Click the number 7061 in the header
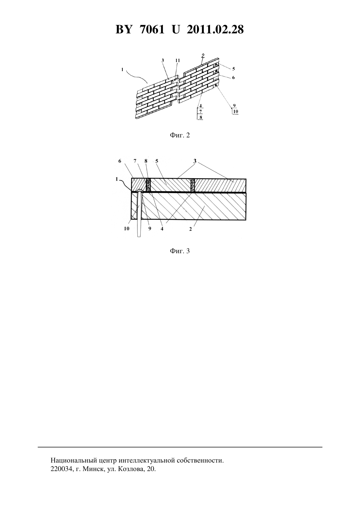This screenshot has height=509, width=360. (152, 29)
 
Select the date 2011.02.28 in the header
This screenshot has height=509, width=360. (215, 29)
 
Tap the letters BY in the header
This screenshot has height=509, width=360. (124, 29)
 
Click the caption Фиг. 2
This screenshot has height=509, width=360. (180, 135)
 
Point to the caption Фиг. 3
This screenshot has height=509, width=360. (180, 251)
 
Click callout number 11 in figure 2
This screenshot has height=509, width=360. (177, 61)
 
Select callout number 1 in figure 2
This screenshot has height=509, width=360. (122, 70)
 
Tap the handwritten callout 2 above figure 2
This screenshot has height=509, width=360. (203, 55)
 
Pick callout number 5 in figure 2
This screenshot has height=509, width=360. (233, 69)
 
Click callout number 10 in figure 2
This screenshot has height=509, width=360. (235, 112)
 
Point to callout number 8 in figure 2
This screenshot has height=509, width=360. (201, 117)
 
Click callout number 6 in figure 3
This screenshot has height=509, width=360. (120, 161)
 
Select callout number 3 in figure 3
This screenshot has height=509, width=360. (195, 161)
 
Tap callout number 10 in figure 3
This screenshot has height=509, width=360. (127, 229)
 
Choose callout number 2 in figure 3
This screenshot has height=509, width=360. (190, 229)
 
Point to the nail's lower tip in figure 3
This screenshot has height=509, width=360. (139, 237)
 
